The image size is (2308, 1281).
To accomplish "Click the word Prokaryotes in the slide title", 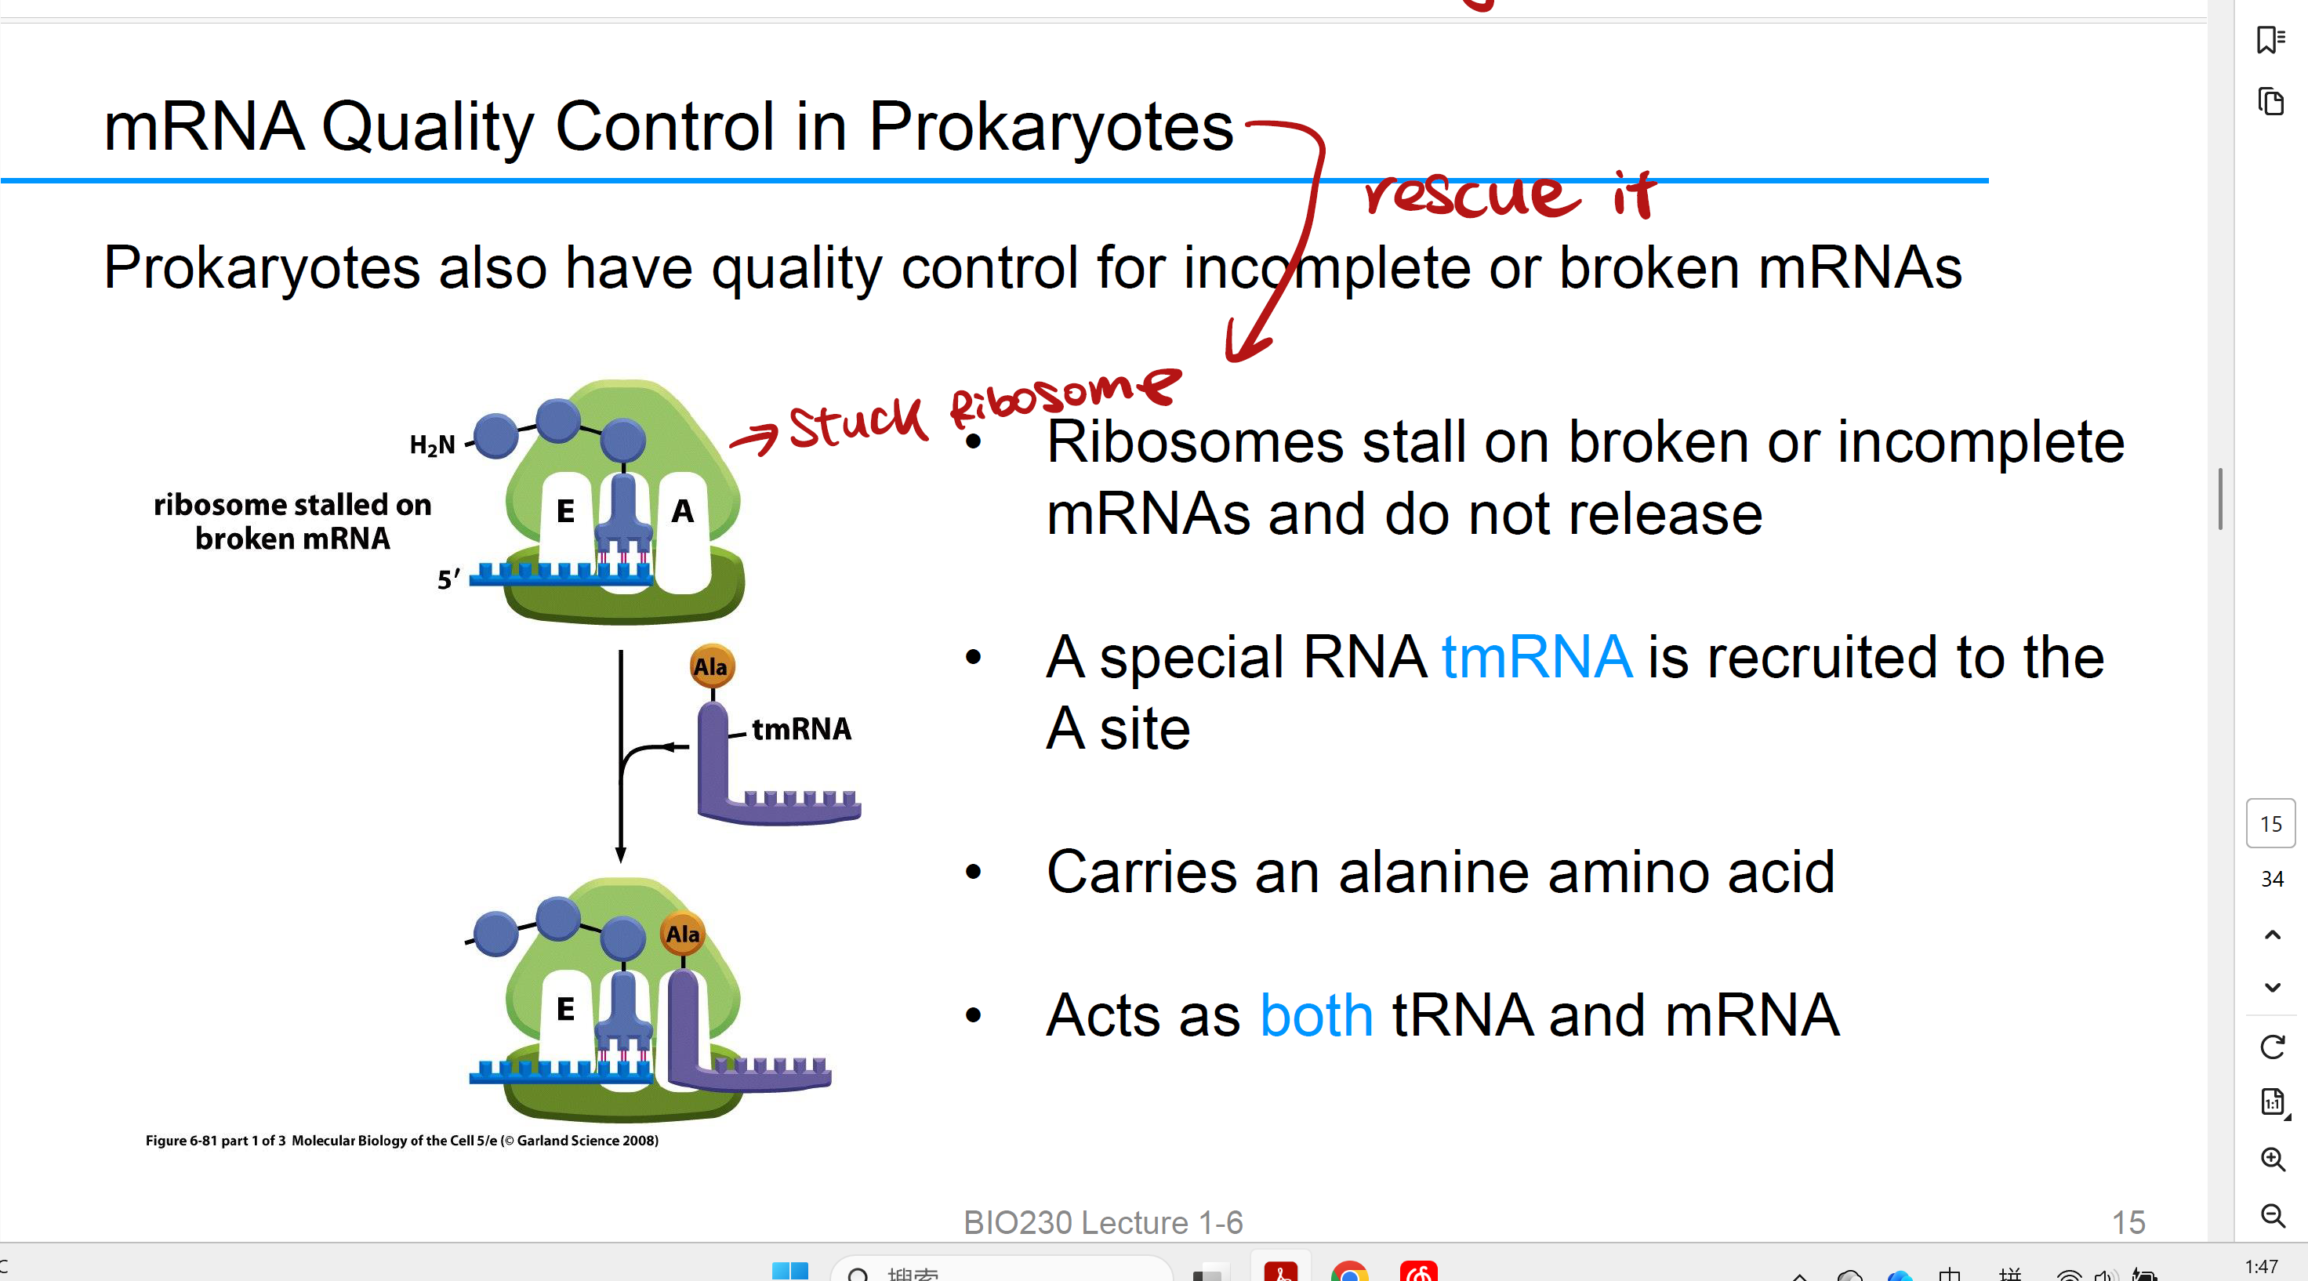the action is coord(1050,126).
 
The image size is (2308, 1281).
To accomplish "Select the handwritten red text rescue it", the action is coord(1509,194).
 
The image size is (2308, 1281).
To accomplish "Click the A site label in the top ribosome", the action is coord(682,511).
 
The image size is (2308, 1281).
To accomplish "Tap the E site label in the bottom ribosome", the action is coord(565,1010).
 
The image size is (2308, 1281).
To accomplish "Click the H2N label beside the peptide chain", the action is coord(432,445).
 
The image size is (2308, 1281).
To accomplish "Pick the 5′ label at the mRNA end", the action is coord(448,579).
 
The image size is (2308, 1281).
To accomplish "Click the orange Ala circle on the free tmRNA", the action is coord(711,666).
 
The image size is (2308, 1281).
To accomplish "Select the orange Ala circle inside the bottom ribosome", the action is coord(683,934).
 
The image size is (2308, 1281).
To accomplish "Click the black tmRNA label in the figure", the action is coord(801,729).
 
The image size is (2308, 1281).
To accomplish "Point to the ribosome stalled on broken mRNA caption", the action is coord(292,521).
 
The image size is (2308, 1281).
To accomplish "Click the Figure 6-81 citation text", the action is coord(401,1141).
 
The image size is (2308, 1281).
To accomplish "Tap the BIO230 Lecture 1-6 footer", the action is coord(1103,1222).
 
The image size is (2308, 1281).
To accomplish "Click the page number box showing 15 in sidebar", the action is coord(2270,823).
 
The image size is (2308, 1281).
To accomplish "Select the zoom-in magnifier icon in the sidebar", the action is coord(2272,1159).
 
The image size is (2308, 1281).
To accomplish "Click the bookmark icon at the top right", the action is coord(2270,40).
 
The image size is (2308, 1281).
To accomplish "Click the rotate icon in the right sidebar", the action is coord(2272,1047).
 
